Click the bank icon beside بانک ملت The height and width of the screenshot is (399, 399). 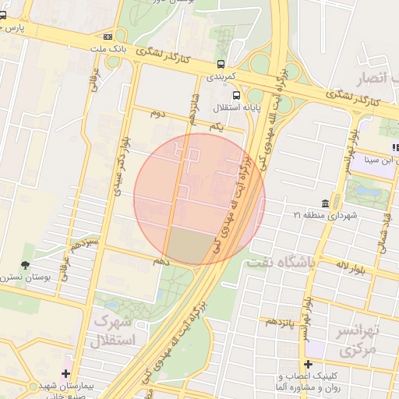pyautogui.click(x=107, y=36)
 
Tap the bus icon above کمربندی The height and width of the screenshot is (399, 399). pyautogui.click(x=222, y=64)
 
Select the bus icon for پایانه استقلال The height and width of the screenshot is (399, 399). pyautogui.click(x=236, y=96)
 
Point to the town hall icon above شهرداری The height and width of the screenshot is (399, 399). pyautogui.click(x=334, y=202)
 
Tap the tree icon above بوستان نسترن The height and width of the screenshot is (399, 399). pyautogui.click(x=26, y=265)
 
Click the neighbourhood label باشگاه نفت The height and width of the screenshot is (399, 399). pyautogui.click(x=281, y=264)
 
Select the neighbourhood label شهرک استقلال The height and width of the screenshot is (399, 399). pyautogui.click(x=113, y=330)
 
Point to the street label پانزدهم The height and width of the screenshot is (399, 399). pyautogui.click(x=281, y=320)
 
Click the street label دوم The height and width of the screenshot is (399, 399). pyautogui.click(x=159, y=114)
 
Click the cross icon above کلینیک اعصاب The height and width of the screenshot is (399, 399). pyautogui.click(x=309, y=364)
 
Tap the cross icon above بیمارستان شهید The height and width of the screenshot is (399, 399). pyautogui.click(x=66, y=373)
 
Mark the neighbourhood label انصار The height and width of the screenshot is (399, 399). pyautogui.click(x=370, y=79)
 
